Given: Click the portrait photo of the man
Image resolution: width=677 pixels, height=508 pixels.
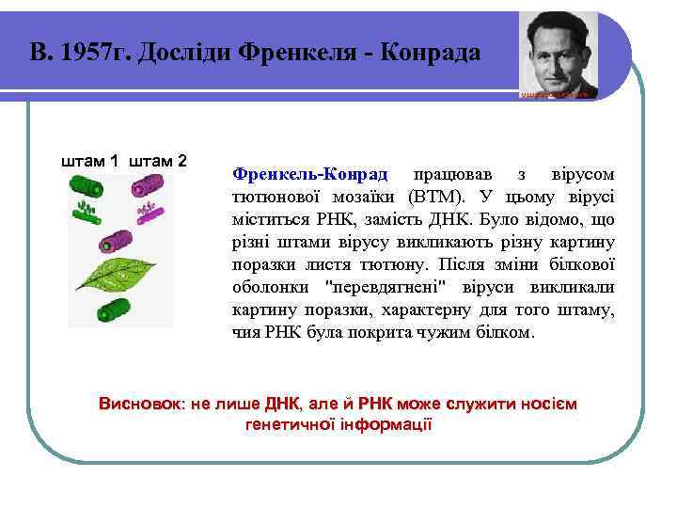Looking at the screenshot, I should click(x=559, y=54).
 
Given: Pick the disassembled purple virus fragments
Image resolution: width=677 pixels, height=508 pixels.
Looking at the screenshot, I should click(x=150, y=211).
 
